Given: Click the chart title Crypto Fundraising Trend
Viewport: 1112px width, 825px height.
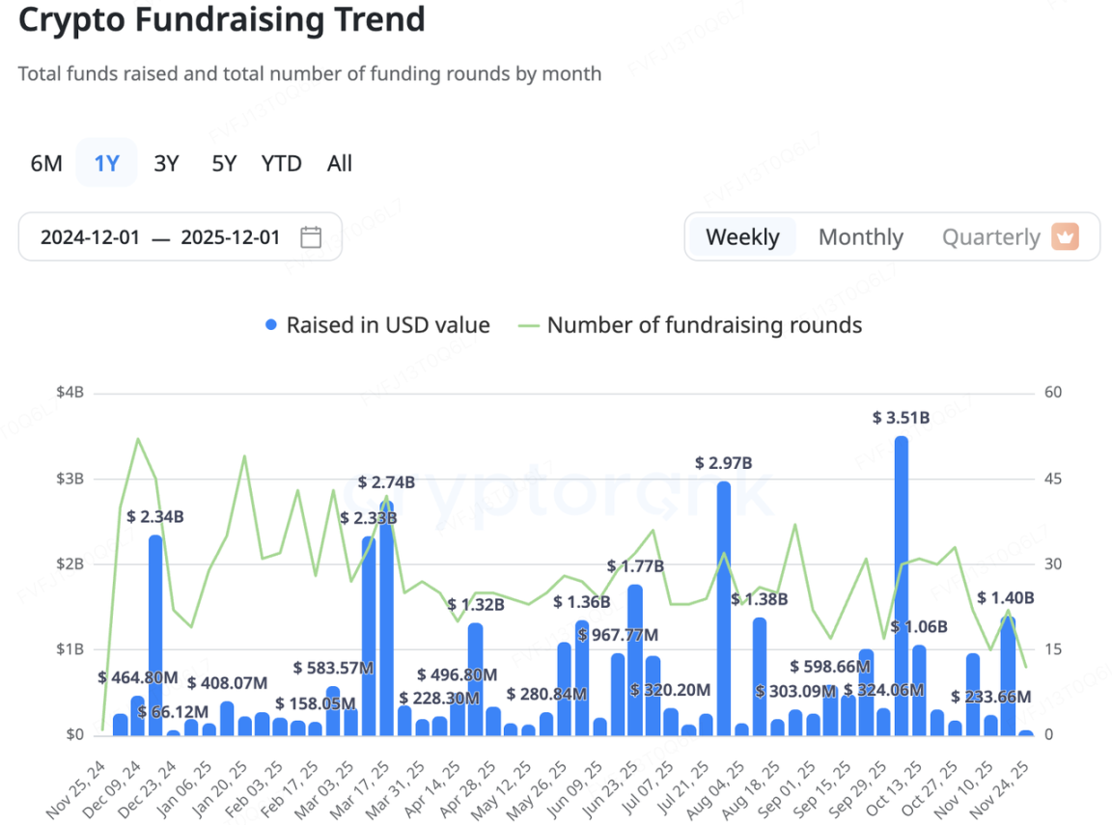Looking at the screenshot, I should pyautogui.click(x=221, y=19).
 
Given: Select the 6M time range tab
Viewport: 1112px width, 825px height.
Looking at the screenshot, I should pyautogui.click(x=46, y=164).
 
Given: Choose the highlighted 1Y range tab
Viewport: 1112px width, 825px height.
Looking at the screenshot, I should pyautogui.click(x=106, y=164).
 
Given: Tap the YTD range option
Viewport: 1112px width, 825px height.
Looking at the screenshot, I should pyautogui.click(x=281, y=164).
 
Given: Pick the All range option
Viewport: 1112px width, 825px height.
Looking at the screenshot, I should pyautogui.click(x=340, y=164).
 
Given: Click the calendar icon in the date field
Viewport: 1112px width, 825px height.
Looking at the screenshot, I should pyautogui.click(x=311, y=237).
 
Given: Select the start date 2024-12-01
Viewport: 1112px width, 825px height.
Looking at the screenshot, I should pyautogui.click(x=90, y=237).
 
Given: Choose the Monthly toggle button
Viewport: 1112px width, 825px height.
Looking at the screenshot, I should pyautogui.click(x=860, y=237).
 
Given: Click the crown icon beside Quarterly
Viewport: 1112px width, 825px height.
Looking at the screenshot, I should pyautogui.click(x=1065, y=236).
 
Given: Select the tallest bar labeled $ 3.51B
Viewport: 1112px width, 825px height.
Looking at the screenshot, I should pyautogui.click(x=901, y=585).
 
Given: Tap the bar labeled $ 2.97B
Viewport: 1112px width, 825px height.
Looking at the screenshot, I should pyautogui.click(x=723, y=608).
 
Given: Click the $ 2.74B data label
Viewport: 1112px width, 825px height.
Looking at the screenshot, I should pyautogui.click(x=386, y=482).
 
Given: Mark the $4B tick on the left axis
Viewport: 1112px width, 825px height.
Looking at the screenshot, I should pyautogui.click(x=69, y=393).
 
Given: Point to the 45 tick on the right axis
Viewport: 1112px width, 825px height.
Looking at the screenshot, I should pyautogui.click(x=1052, y=479).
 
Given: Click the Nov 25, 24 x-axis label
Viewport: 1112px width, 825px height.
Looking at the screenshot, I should pyautogui.click(x=76, y=785).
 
